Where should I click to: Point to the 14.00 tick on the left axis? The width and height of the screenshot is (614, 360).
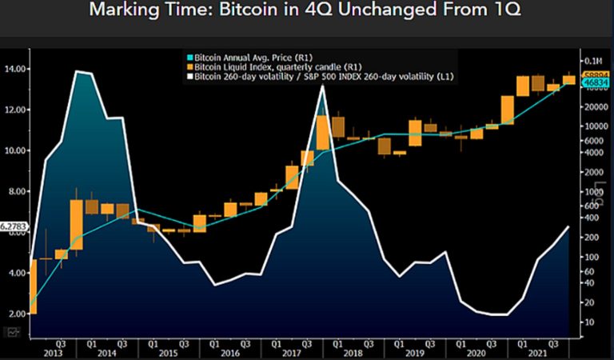pyautogui.click(x=14, y=70)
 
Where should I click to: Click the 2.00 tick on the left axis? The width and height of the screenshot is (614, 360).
pyautogui.click(x=16, y=314)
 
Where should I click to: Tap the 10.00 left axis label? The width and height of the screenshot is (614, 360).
pyautogui.click(x=14, y=150)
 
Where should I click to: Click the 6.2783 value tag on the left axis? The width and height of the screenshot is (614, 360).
pyautogui.click(x=14, y=227)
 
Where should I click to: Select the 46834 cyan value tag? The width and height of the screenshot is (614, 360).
pyautogui.click(x=596, y=82)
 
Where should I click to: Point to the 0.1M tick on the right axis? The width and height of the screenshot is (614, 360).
pyautogui.click(x=592, y=61)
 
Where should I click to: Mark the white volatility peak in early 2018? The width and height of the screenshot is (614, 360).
pyautogui.click(x=321, y=86)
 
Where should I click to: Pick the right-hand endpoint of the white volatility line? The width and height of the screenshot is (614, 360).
pyautogui.click(x=569, y=226)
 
